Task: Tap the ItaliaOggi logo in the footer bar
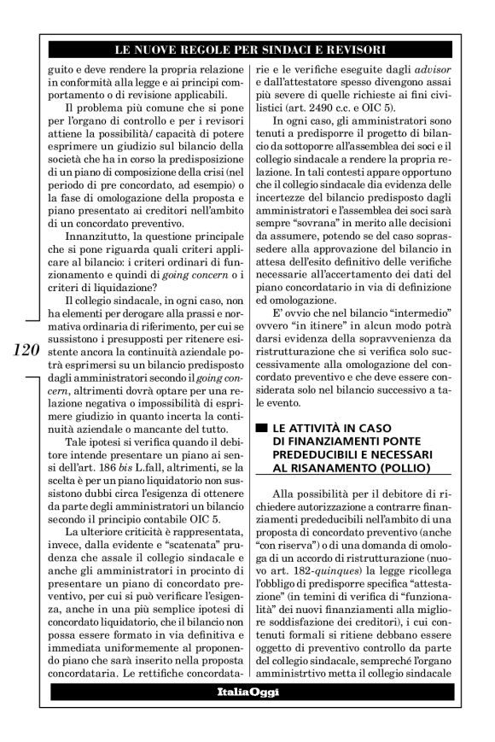247,714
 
